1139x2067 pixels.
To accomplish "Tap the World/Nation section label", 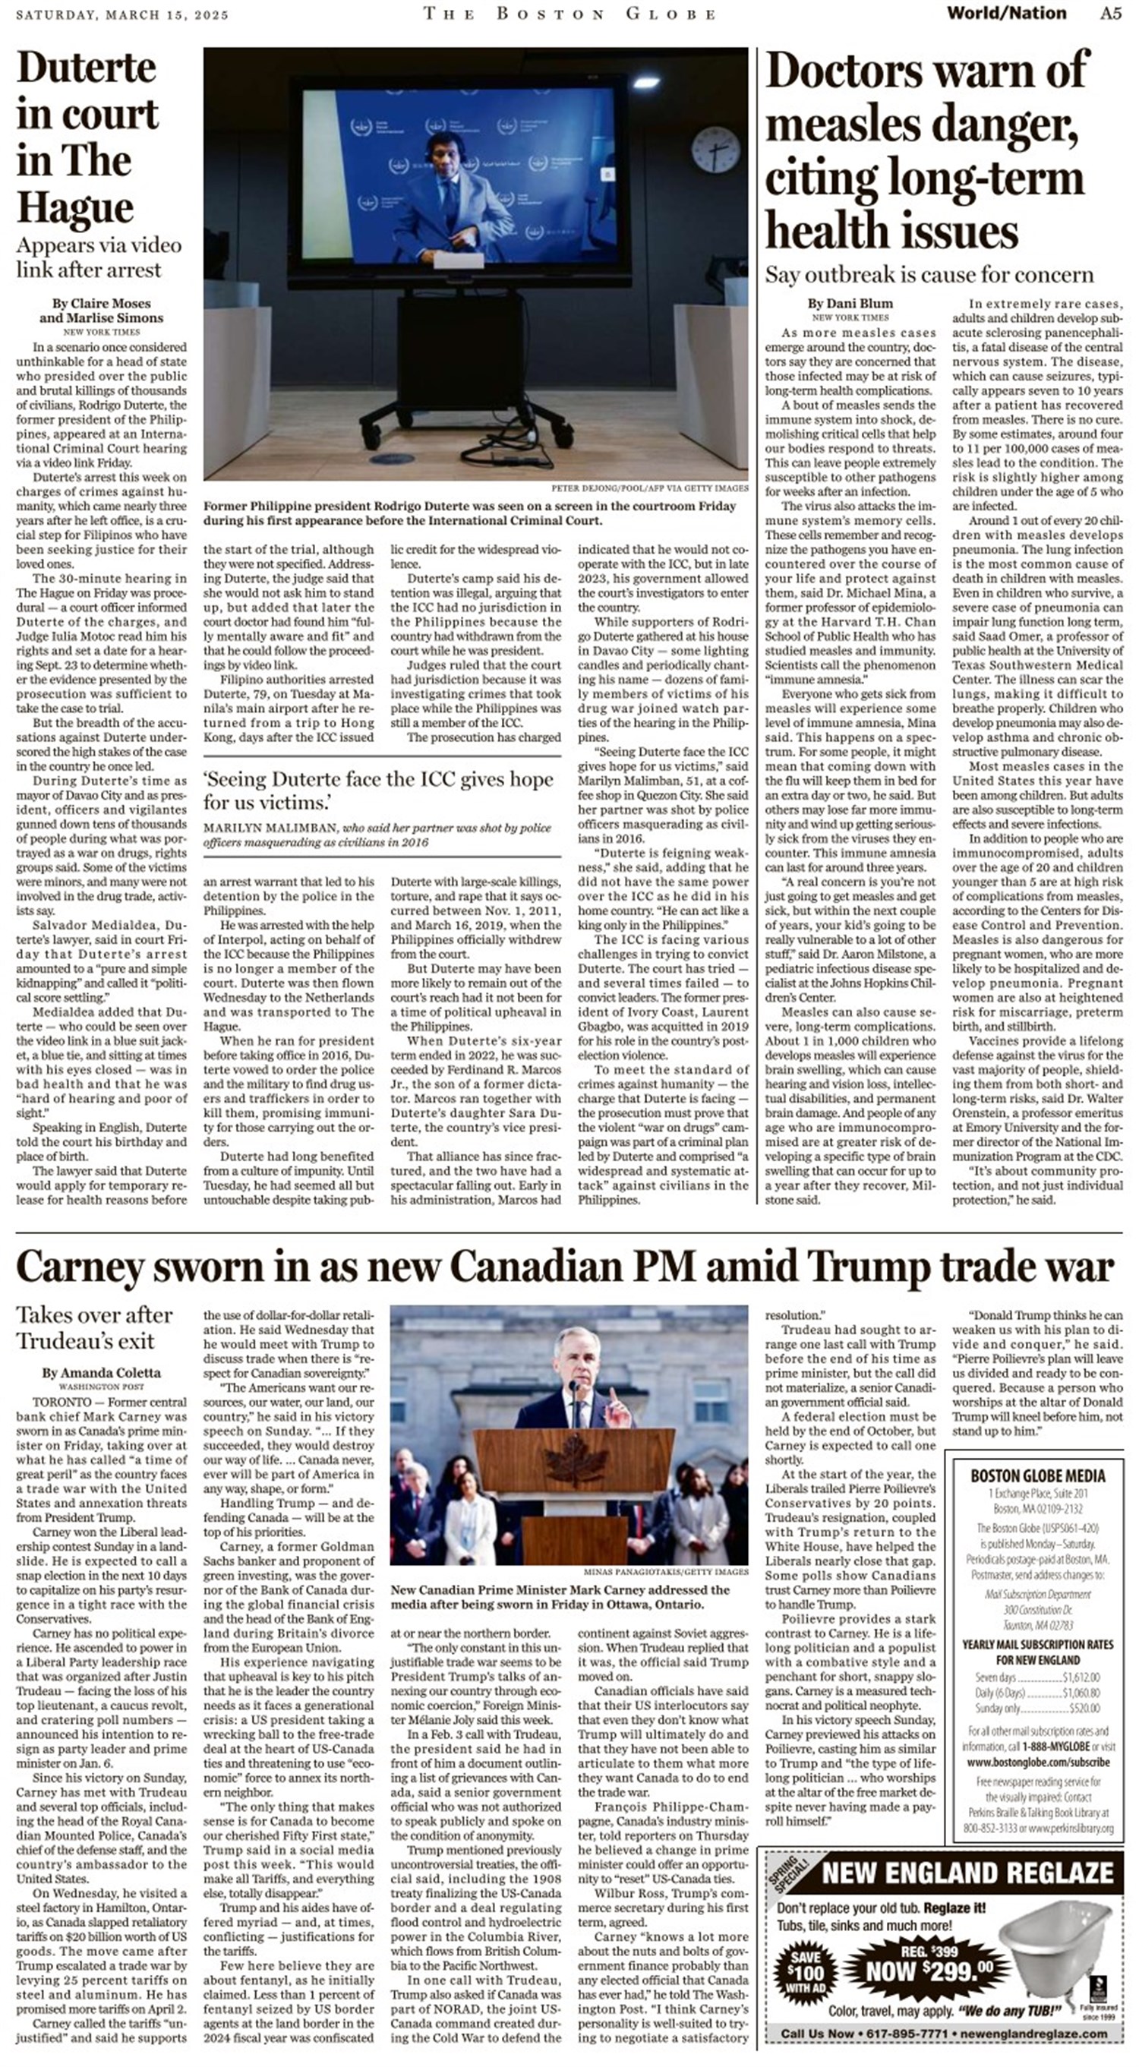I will point(1006,14).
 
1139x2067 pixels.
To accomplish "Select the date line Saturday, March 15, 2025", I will point(122,15).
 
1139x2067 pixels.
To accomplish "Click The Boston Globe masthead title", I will point(569,14).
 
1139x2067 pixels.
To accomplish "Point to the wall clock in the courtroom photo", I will point(715,147).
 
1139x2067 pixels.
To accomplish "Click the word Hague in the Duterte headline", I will point(75,207).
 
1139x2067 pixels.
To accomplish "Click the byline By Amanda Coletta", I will point(101,1373).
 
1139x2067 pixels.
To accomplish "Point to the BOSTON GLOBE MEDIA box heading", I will point(1037,1475).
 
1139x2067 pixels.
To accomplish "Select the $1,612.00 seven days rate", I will point(1081,1677).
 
